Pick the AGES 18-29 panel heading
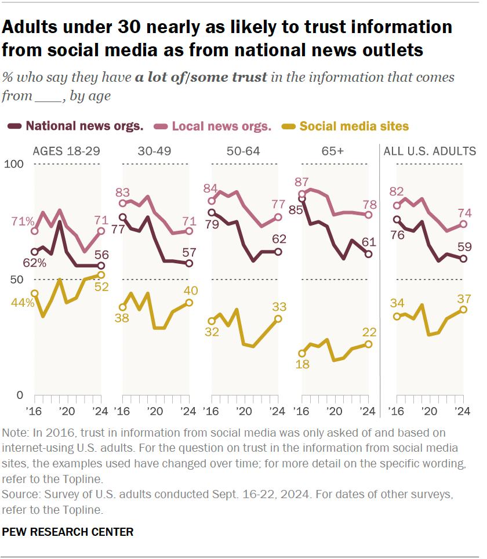pyautogui.click(x=67, y=151)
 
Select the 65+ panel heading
pyautogui.click(x=335, y=151)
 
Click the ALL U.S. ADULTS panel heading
pyautogui.click(x=430, y=151)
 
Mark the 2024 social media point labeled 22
pyautogui.click(x=368, y=344)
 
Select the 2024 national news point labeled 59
pyautogui.click(x=463, y=259)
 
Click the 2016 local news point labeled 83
pyautogui.click(x=122, y=203)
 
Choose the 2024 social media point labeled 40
pyautogui.click(x=189, y=302)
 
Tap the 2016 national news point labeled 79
pyautogui.click(x=212, y=212)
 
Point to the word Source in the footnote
pyautogui.click(x=17, y=496)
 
